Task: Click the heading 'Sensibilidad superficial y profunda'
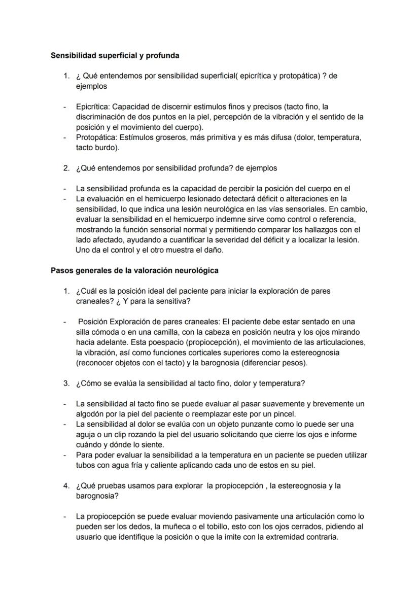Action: [115, 55]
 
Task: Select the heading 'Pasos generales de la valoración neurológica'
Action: [134, 270]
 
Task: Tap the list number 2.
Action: [66, 168]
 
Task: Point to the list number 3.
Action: [66, 383]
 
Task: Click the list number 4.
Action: [66, 486]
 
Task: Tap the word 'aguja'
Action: [85, 435]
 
